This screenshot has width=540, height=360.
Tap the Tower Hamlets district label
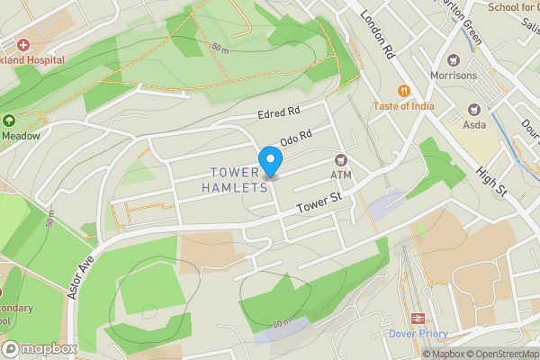coord(239,180)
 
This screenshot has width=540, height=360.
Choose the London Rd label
coord(377,34)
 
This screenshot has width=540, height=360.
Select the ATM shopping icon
coord(340,159)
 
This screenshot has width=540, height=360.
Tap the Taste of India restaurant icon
coord(405,90)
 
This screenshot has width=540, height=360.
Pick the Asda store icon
coord(472,110)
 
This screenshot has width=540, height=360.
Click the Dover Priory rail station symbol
coord(418,318)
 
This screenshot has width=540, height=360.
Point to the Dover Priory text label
coord(418,333)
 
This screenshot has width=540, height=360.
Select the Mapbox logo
coord(39,348)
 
